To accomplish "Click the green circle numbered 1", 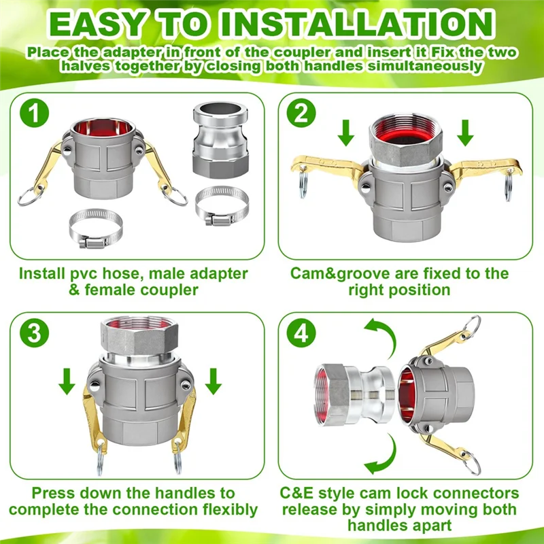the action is coord(35,113).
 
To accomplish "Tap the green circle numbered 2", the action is coord(301,113).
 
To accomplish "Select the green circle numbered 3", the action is coord(35,333).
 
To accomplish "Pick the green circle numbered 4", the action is coord(301,333).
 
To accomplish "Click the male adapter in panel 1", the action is coord(220,140).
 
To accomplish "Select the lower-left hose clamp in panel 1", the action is coord(95,228).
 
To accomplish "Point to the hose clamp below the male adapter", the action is coord(222,206).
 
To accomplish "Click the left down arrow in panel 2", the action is coord(346,133).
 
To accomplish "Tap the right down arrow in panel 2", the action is coord(465,133).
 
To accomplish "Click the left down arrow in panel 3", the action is coord(67,381).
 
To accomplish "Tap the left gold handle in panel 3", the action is coord(93,420).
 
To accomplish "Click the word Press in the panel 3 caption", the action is coord(53,493).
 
